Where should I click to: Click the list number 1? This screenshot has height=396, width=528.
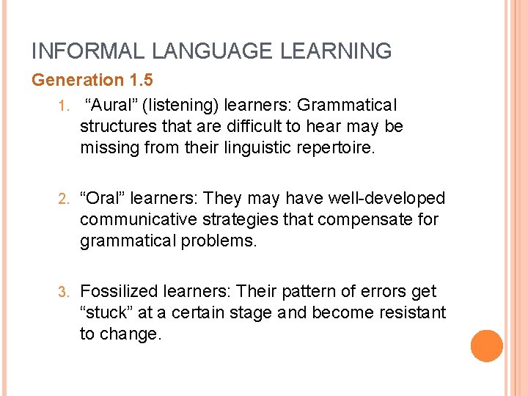tap(64, 106)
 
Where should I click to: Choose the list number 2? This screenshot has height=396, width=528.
tap(64, 199)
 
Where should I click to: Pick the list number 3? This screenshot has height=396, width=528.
tap(64, 292)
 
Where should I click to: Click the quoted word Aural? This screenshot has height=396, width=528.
tap(111, 106)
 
